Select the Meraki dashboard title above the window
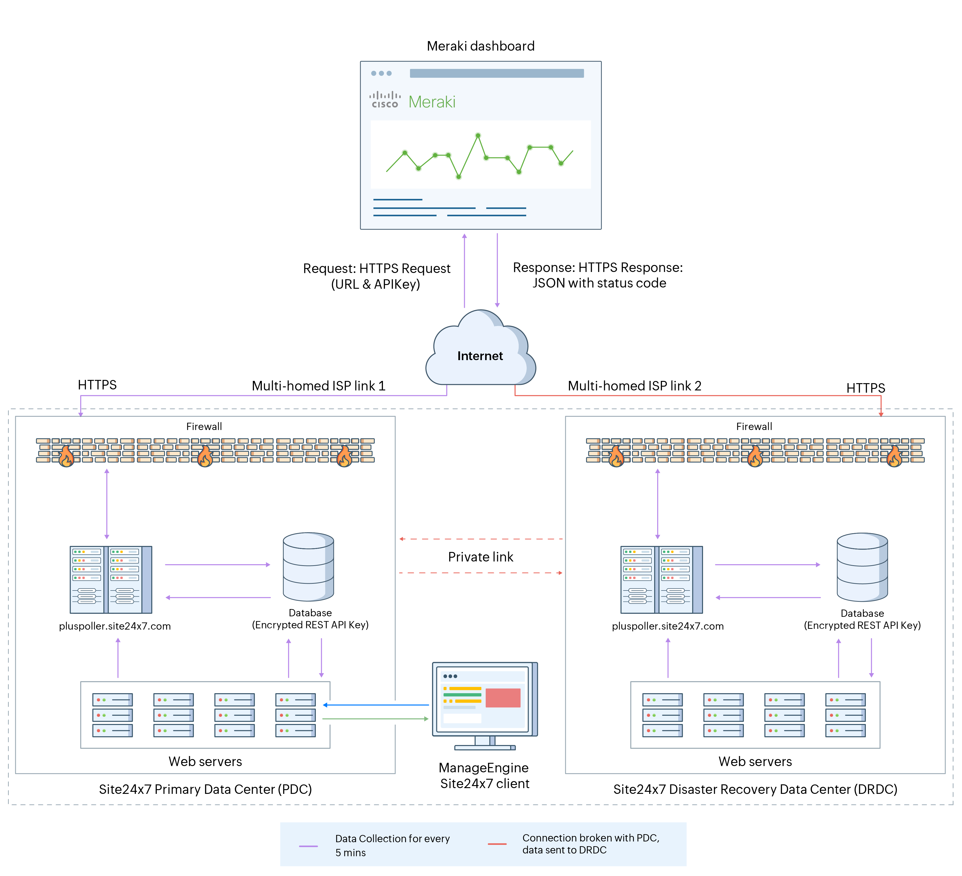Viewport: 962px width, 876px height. point(481,46)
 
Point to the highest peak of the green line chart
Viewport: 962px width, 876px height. point(478,135)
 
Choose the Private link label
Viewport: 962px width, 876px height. point(481,557)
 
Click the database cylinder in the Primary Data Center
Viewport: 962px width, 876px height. point(308,567)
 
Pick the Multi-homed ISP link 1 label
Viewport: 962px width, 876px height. point(318,385)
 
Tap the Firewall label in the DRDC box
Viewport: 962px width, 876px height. point(754,426)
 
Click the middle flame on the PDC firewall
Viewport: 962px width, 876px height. point(205,457)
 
